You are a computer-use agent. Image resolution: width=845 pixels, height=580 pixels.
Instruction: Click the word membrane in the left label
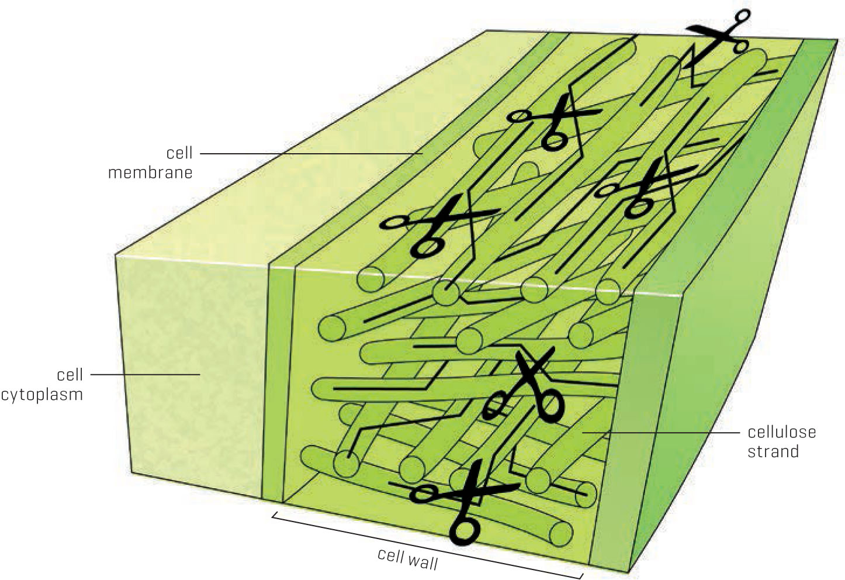pos(150,173)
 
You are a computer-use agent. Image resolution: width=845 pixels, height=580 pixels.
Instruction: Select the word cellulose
pos(782,432)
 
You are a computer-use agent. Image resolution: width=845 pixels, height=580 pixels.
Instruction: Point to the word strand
pos(773,451)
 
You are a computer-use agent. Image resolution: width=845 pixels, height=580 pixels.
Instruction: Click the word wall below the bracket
pos(424,561)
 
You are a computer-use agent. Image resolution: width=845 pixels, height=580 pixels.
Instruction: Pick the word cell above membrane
pos(179,153)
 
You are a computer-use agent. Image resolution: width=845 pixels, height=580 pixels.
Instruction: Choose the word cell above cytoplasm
pos(70,375)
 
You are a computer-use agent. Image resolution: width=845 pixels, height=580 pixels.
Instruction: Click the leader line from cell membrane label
pos(311,154)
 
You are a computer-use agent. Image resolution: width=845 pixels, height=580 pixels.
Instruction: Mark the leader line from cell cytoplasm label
pos(146,374)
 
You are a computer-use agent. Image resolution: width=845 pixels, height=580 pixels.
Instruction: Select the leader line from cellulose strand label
pos(661,433)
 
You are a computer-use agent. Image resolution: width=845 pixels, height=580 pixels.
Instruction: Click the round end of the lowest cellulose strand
pos(561,534)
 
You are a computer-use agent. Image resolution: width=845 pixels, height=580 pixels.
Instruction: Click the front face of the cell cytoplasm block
pos(192,374)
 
